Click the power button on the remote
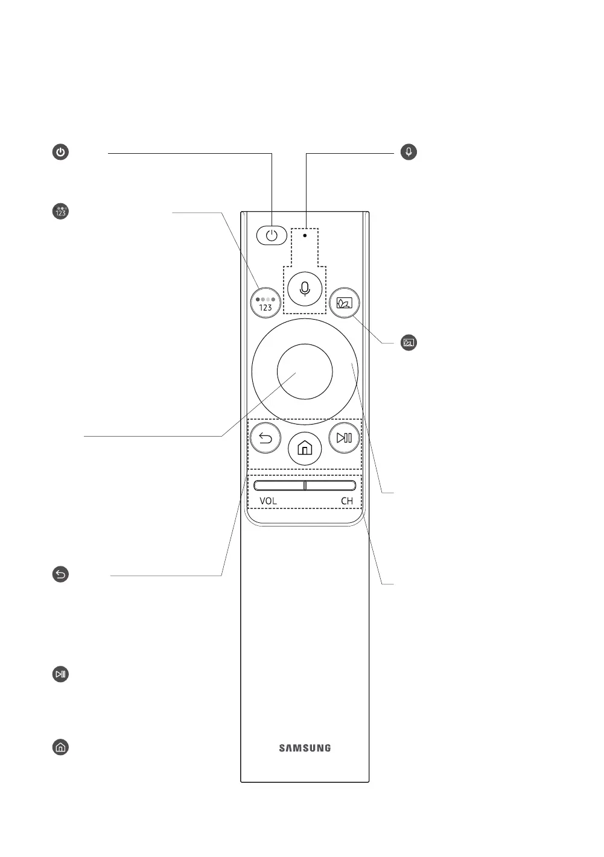[x=272, y=235]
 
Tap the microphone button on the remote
[x=305, y=289]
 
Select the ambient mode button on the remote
[x=345, y=303]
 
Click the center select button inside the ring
[x=305, y=372]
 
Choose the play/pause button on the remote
[x=344, y=438]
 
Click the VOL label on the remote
[x=269, y=501]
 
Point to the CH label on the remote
[x=346, y=501]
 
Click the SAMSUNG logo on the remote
[x=305, y=748]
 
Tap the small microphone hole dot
[x=305, y=236]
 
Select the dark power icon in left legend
[x=60, y=152]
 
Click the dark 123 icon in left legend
[x=60, y=212]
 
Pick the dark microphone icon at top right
[x=409, y=152]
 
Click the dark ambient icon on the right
[x=409, y=343]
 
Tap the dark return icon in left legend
[x=60, y=575]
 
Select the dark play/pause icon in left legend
[x=60, y=674]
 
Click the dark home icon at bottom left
[x=60, y=748]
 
